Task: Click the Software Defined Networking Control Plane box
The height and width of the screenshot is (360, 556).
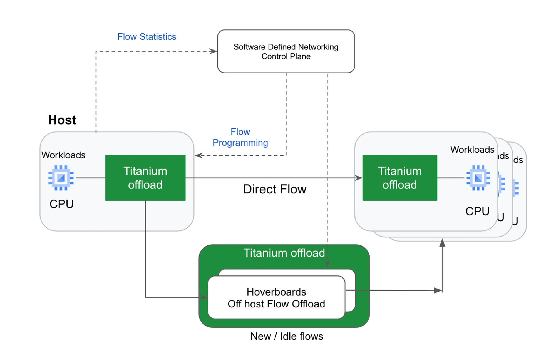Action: coord(286,51)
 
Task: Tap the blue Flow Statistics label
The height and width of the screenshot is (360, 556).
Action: coord(147,37)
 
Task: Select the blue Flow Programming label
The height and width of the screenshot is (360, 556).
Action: coord(240,137)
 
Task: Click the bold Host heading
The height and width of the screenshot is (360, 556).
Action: coord(62,120)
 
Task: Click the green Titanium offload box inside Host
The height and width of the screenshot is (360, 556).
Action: coord(145,178)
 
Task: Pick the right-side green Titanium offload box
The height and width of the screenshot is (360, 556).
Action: coord(399,178)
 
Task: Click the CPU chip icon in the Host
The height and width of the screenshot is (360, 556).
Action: coord(61,178)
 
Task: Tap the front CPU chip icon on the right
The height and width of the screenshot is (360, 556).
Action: coord(478,178)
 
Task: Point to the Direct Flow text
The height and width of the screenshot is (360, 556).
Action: coord(274,189)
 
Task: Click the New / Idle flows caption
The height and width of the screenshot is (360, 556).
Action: coord(286,336)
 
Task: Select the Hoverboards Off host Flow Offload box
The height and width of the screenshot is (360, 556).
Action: coord(276,298)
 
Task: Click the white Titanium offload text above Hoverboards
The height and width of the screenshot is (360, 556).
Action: coord(284,253)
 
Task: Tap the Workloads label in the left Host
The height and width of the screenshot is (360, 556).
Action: coord(63,155)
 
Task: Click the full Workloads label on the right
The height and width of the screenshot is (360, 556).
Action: coord(472,150)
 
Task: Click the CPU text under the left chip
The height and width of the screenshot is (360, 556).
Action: coord(61,204)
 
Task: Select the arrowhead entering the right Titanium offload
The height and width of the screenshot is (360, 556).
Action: coord(359,178)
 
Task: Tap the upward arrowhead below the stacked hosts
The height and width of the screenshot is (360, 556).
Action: coord(442,243)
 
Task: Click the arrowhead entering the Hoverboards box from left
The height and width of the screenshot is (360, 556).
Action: coord(204,297)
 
